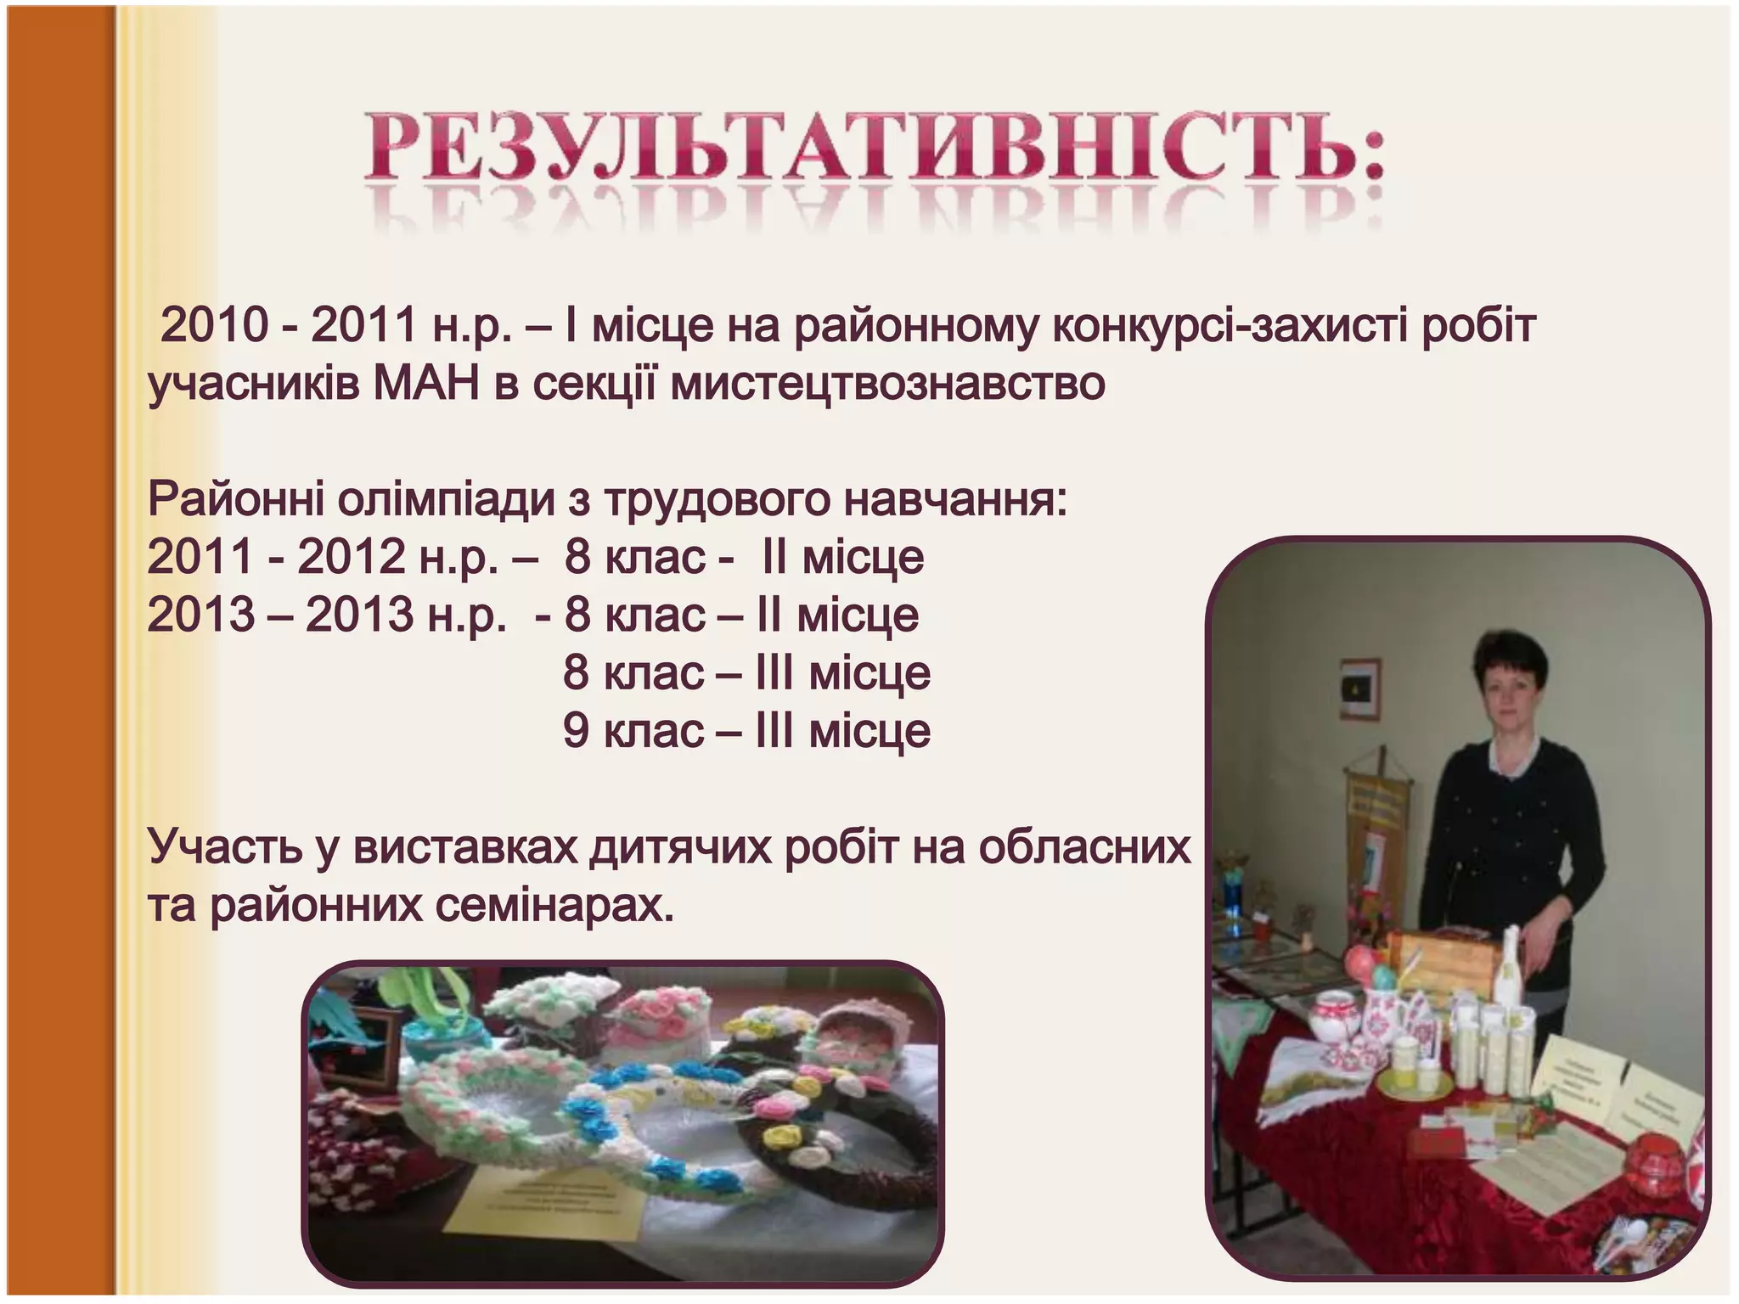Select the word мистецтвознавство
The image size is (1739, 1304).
(887, 384)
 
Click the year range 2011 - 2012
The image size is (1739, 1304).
(276, 557)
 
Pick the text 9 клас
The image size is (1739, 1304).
(633, 730)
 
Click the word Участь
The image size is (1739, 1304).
(225, 846)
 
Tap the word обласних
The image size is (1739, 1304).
(1084, 846)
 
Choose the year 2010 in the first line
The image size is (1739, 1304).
(214, 326)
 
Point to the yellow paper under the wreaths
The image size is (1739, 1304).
(543, 1206)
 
